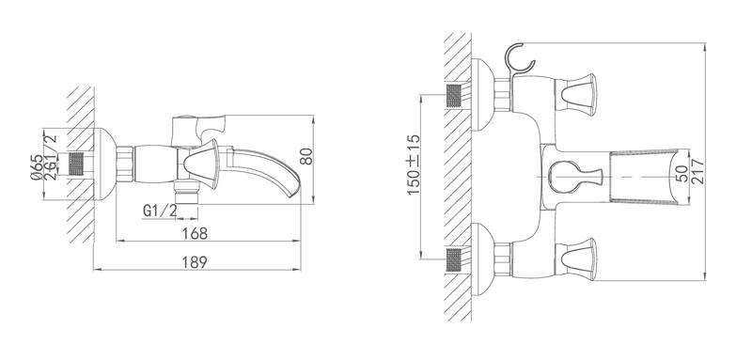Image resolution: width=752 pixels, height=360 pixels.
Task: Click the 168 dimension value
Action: click(196, 233)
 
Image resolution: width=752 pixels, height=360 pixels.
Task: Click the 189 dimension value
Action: click(195, 262)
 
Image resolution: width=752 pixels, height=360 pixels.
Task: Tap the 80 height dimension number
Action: click(306, 156)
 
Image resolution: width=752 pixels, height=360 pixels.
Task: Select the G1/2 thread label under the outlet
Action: click(160, 210)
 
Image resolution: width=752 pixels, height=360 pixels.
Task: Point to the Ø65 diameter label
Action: click(36, 167)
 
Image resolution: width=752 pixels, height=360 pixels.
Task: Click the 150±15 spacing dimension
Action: click(414, 164)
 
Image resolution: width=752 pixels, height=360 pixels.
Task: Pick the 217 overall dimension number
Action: click(697, 172)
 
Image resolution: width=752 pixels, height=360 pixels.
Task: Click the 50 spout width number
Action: click(682, 173)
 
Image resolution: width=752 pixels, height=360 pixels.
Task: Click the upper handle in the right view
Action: click(578, 94)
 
